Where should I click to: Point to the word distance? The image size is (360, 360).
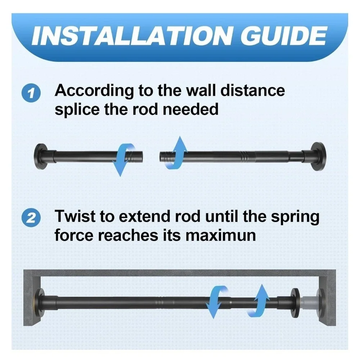[x=253, y=90]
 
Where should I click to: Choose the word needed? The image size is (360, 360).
[x=190, y=109]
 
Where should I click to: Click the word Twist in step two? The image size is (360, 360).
[x=75, y=216]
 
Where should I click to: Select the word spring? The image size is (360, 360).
[x=295, y=217]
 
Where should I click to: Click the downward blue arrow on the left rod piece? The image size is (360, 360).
[x=124, y=159]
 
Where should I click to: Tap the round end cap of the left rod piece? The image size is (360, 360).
[x=41, y=157]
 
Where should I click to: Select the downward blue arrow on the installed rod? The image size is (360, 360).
[x=216, y=302]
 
